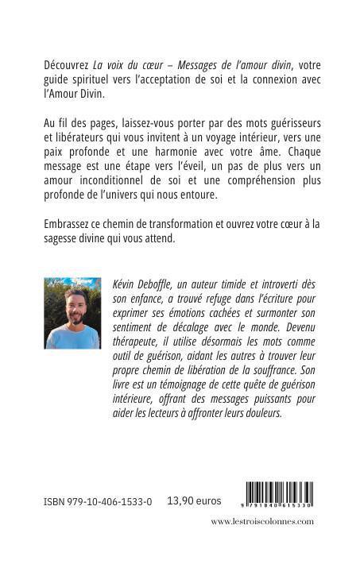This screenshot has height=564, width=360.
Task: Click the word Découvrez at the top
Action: pos(68,63)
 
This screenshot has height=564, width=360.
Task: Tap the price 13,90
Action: pos(182,502)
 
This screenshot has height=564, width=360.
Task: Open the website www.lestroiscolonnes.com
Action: pos(262,522)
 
